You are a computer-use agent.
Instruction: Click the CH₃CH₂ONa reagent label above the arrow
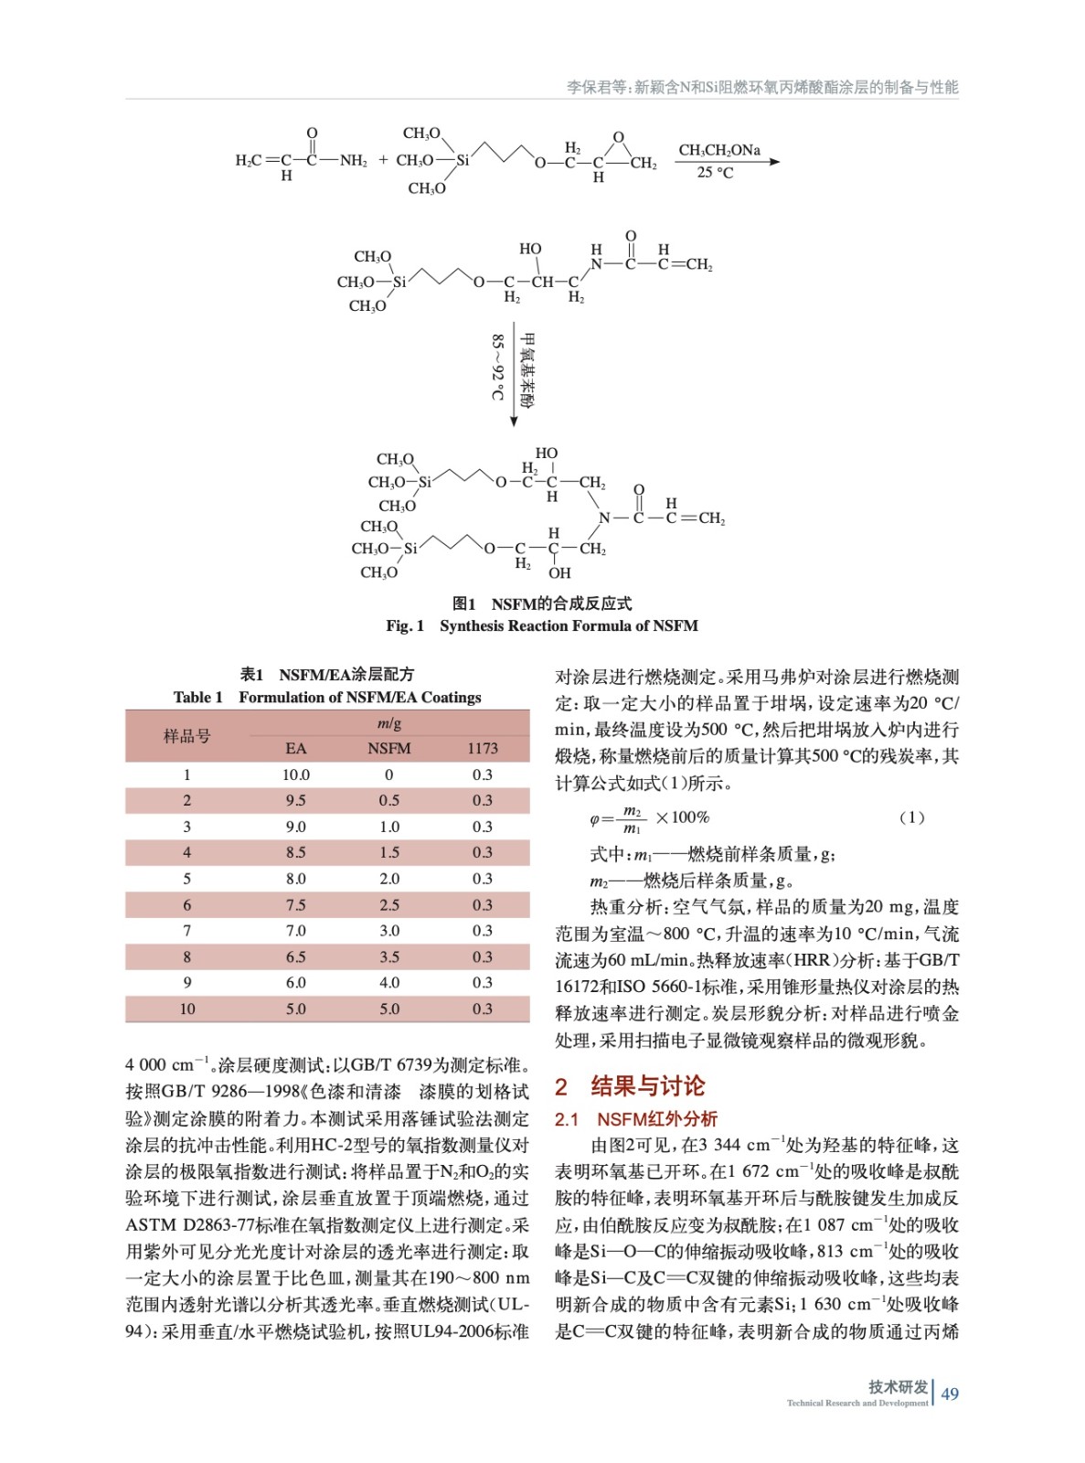(x=718, y=150)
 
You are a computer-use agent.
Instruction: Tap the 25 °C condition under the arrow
(x=715, y=173)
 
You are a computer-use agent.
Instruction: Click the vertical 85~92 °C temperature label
(x=497, y=367)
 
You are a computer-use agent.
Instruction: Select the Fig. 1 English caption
(x=541, y=626)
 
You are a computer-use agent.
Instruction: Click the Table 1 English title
(x=327, y=698)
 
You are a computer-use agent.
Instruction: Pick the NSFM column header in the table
(x=389, y=749)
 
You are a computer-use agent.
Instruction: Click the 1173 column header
(x=483, y=749)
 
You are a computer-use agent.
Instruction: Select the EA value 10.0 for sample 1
(x=296, y=775)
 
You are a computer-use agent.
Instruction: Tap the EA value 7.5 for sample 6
(x=296, y=905)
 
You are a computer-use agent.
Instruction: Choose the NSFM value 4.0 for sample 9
(x=389, y=983)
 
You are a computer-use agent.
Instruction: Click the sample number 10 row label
(x=187, y=1009)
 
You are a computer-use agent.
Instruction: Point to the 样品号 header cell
(x=187, y=736)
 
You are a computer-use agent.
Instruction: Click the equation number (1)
(x=911, y=817)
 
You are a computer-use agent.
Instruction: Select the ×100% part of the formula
(x=682, y=817)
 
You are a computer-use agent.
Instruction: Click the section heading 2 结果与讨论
(x=631, y=1086)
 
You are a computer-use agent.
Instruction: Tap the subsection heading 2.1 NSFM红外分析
(x=636, y=1119)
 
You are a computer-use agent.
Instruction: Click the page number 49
(x=950, y=1394)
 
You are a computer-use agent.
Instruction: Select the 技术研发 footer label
(x=899, y=1387)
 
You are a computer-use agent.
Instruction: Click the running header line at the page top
(x=761, y=88)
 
